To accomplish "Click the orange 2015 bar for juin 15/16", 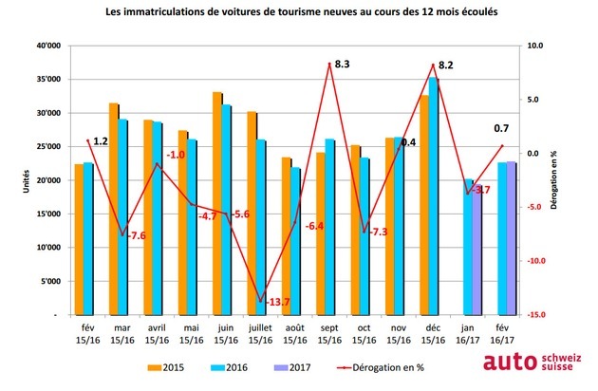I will coord(216,203).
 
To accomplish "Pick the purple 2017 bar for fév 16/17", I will coord(512,237).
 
